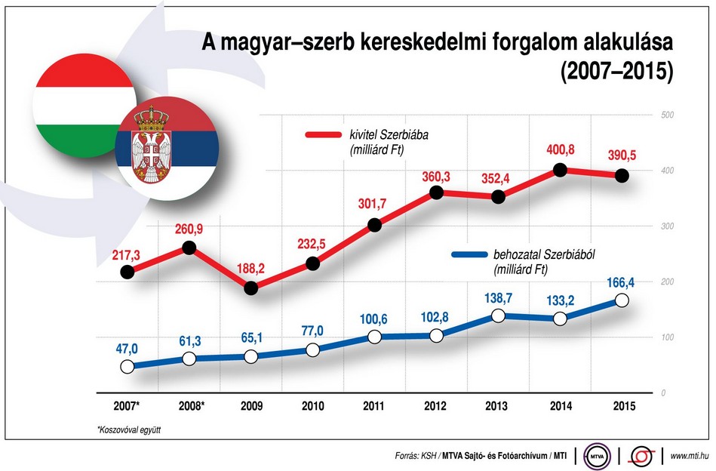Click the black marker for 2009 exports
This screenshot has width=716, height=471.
click(x=251, y=288)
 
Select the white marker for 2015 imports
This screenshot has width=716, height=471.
click(x=622, y=300)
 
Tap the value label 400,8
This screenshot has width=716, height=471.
click(x=560, y=150)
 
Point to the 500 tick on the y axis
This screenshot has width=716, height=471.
click(x=667, y=115)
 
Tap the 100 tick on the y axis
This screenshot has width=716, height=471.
click(x=667, y=337)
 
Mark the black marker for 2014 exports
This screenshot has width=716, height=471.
click(x=560, y=170)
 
